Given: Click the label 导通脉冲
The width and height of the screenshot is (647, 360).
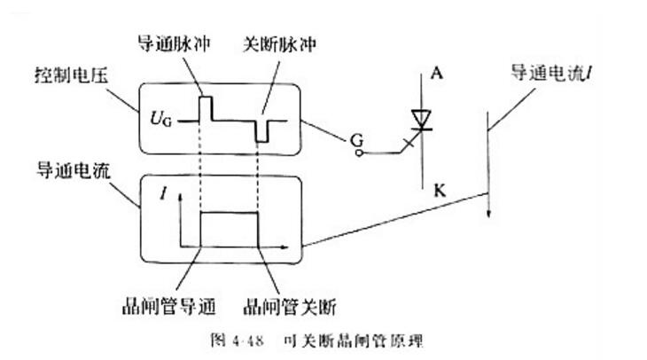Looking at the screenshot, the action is (174, 43).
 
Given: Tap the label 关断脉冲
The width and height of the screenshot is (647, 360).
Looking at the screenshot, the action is (279, 44).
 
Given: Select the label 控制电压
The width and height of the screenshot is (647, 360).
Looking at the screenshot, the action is (72, 75).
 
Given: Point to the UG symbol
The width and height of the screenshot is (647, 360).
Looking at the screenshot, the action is (161, 119).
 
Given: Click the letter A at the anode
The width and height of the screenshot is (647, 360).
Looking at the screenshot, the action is (437, 73).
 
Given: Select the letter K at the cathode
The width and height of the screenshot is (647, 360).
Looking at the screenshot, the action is (440, 191).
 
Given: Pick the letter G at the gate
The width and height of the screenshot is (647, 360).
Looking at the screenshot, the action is (356, 141).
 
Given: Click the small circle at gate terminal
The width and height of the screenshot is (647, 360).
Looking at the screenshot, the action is (360, 153).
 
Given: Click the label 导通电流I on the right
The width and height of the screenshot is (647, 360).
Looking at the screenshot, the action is (552, 74).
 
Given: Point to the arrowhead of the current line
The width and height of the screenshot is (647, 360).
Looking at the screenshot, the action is (488, 214).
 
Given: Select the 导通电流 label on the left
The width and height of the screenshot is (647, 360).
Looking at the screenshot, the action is (74, 170).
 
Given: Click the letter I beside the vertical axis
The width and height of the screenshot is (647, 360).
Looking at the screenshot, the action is (164, 192).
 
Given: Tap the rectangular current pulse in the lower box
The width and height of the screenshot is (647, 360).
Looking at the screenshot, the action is (229, 213).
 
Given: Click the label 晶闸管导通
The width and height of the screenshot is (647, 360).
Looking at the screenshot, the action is (168, 306).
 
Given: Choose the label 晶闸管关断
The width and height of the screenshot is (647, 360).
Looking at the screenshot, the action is (290, 307).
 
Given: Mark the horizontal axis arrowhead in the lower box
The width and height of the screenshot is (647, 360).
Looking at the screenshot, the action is (284, 247).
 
